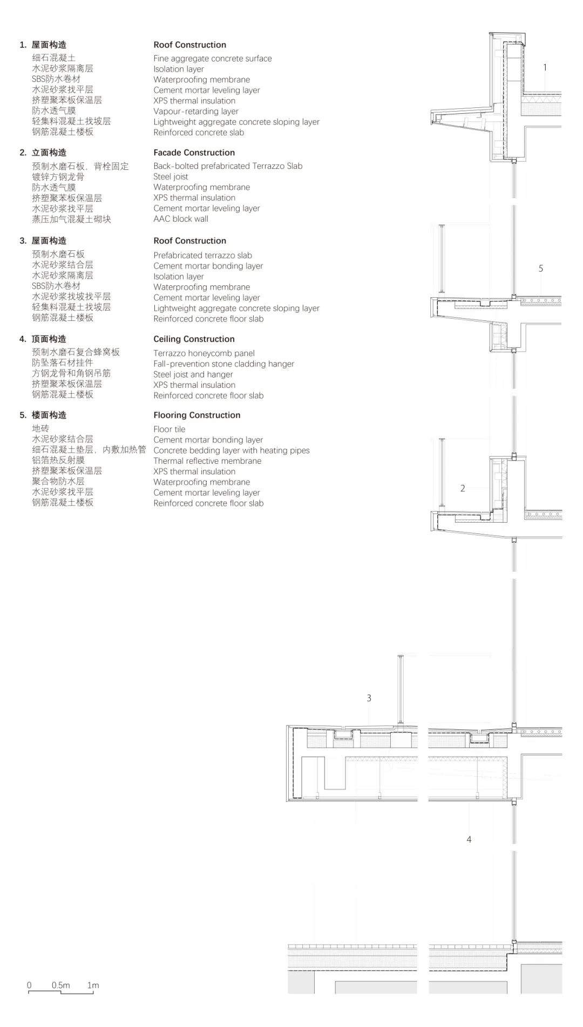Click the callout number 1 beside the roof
click(545, 67)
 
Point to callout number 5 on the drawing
click(541, 269)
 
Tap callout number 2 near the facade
click(463, 488)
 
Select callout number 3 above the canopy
click(369, 698)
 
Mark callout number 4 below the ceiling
click(469, 839)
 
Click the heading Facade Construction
click(194, 153)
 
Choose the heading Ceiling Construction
click(194, 339)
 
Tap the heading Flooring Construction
click(197, 415)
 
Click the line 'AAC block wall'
click(181, 219)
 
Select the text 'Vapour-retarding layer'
click(196, 112)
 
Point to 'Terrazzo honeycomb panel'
click(204, 353)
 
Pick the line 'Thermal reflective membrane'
click(207, 461)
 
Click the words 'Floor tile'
click(170, 429)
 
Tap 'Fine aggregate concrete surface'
click(213, 59)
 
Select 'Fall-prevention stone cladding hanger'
click(224, 364)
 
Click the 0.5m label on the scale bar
click(61, 985)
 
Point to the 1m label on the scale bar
click(93, 985)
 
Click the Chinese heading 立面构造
click(49, 153)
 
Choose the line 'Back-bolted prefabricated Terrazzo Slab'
click(228, 166)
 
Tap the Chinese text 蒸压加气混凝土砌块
click(71, 219)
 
